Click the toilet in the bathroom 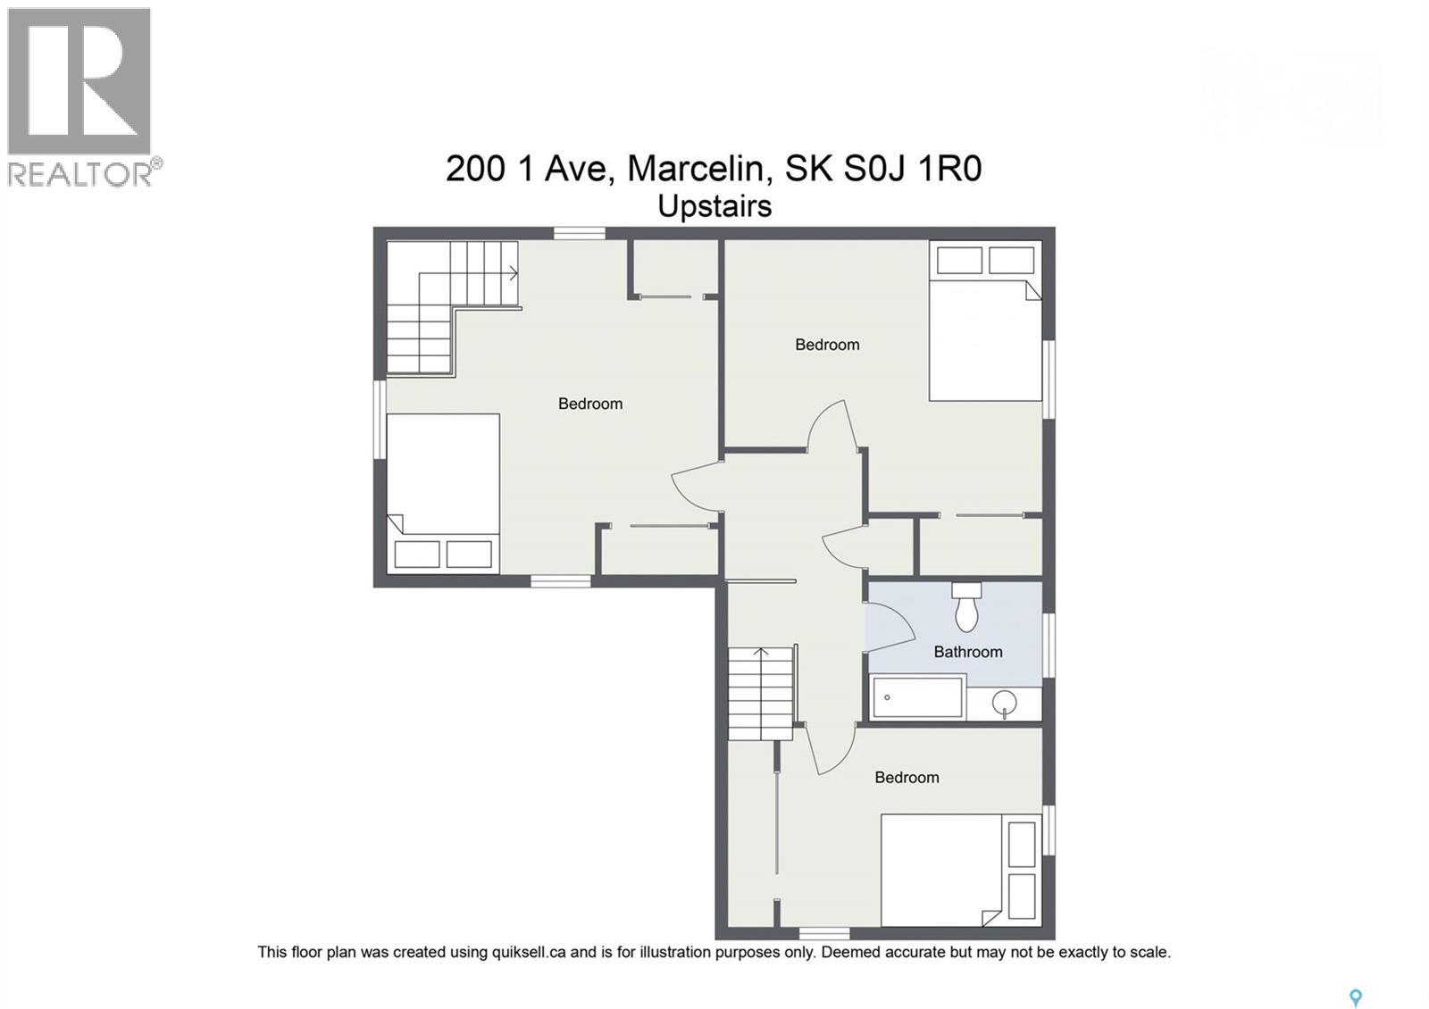pos(966,610)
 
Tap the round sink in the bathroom pos(1006,703)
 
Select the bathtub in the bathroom pos(918,698)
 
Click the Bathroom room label pos(967,652)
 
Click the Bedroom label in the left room pos(589,404)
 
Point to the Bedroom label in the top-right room pos(827,345)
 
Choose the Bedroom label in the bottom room pos(907,778)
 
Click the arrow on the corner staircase pos(514,273)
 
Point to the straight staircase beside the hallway pos(760,693)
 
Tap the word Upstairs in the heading pos(714,206)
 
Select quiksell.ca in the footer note pos(528,952)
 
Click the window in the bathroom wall pos(1049,644)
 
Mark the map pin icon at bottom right pos(1355,998)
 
